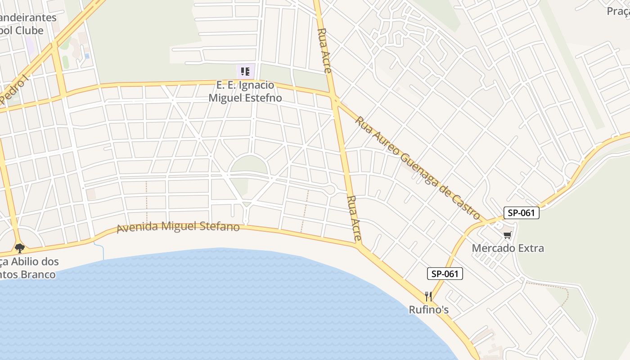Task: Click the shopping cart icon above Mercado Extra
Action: pyautogui.click(x=508, y=235)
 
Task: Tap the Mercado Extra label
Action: pyautogui.click(x=508, y=248)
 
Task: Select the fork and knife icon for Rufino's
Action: pyautogui.click(x=428, y=297)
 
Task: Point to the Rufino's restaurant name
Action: pyautogui.click(x=428, y=310)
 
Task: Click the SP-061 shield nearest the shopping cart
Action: pyautogui.click(x=521, y=213)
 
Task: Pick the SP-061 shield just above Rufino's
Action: pyautogui.click(x=445, y=273)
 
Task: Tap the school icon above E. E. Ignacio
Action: pyautogui.click(x=245, y=71)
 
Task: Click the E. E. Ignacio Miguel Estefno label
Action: pyautogui.click(x=245, y=91)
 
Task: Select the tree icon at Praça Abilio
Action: pyautogui.click(x=19, y=248)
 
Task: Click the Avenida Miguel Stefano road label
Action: pyautogui.click(x=178, y=226)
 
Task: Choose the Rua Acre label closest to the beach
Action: pyautogui.click(x=355, y=219)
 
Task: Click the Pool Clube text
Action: pyautogui.click(x=22, y=31)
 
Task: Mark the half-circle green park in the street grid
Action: pyautogui.click(x=248, y=165)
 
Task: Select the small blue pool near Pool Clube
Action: pyautogui.click(x=87, y=56)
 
